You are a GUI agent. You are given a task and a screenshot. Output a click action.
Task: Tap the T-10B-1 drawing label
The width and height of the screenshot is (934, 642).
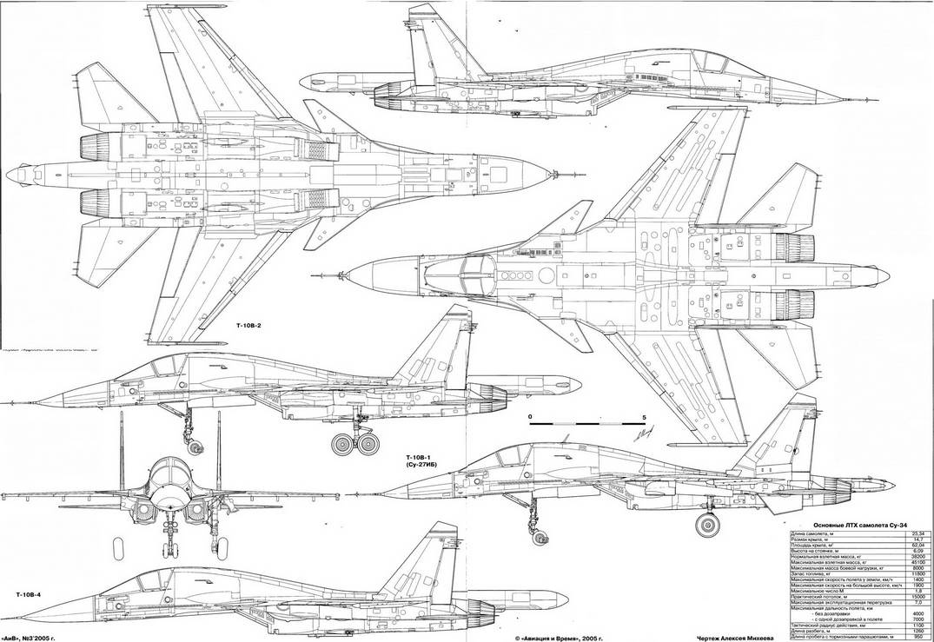click(x=415, y=457)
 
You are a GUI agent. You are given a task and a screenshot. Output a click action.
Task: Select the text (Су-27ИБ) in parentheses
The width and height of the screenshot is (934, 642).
click(x=415, y=467)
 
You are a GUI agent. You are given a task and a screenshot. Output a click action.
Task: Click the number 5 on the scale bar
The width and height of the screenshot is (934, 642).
click(x=643, y=417)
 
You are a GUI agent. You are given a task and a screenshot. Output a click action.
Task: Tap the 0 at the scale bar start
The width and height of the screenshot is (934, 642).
click(x=529, y=417)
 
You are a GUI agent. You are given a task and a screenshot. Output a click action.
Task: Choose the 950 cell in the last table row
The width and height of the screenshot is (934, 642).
click(x=920, y=637)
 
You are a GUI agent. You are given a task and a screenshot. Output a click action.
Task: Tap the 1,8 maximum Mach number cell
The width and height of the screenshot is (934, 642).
click(x=920, y=588)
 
